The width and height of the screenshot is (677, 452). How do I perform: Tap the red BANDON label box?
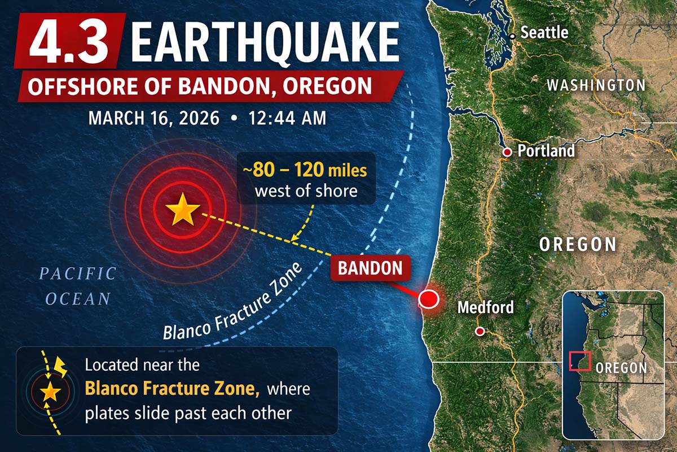point(370,268)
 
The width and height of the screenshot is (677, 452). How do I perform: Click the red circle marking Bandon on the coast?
point(429,298)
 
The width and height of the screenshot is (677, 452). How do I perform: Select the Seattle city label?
point(544,32)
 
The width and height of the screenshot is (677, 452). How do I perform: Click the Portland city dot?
point(507,152)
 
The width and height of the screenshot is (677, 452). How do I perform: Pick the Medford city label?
point(485,307)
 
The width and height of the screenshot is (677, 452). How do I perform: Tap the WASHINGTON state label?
point(596,86)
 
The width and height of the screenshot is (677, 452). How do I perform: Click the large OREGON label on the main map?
point(578,244)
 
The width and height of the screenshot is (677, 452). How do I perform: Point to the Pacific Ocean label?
point(78,286)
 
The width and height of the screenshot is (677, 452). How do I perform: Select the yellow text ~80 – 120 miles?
point(305,169)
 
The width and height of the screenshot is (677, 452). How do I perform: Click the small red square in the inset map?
point(579,361)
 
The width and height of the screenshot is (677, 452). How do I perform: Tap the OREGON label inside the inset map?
point(621,367)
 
